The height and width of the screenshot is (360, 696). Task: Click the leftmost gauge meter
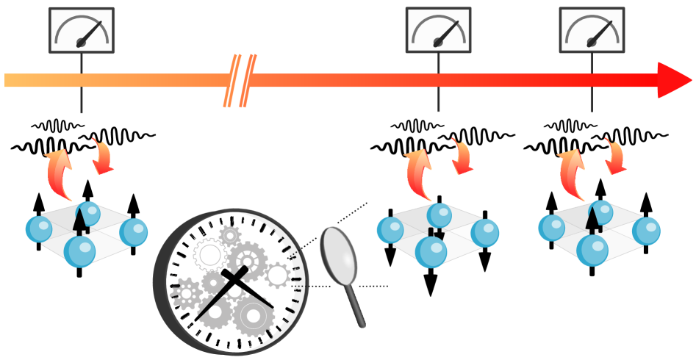82,30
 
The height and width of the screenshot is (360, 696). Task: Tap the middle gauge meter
438,30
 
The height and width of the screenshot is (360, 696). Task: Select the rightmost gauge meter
592,30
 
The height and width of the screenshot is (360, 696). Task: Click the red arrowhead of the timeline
672,80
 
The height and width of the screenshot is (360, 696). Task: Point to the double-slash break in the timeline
240,80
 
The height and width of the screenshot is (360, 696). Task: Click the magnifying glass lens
339,254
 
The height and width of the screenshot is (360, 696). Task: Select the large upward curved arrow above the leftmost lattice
59,173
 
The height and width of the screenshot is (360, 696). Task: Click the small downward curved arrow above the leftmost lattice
102,156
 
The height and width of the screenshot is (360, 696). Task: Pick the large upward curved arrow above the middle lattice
419,173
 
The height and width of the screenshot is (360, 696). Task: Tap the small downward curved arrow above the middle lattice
462,156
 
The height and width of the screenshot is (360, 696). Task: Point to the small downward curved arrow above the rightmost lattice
614,156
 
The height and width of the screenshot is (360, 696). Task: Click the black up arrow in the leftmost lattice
80,220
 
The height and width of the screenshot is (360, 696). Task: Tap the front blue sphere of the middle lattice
431,251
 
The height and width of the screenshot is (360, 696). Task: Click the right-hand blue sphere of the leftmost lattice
134,232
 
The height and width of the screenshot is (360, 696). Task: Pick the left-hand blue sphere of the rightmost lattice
551,228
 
